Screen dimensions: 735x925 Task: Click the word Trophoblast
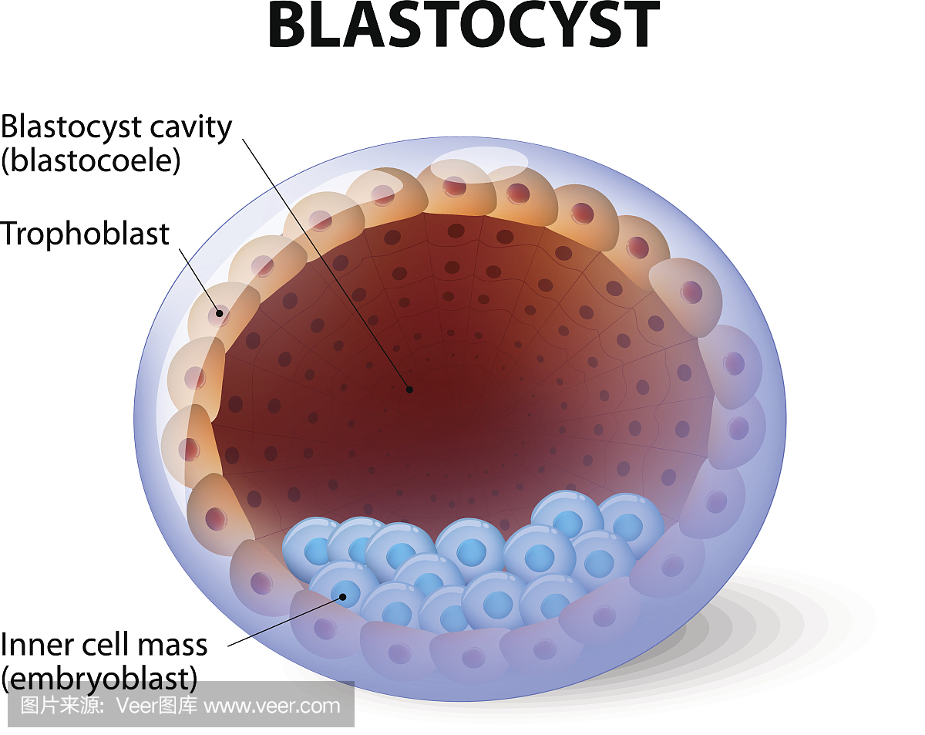85,234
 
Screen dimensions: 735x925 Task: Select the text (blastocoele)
91,160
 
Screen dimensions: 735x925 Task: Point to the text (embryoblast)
99,678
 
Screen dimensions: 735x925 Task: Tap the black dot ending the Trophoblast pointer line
220,313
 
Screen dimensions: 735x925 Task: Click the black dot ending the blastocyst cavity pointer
409,389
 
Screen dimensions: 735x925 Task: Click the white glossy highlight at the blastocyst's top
479,160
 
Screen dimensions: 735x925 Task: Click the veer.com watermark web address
272,705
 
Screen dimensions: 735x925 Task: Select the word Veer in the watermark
136,705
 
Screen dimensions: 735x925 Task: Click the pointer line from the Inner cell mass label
285,619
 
